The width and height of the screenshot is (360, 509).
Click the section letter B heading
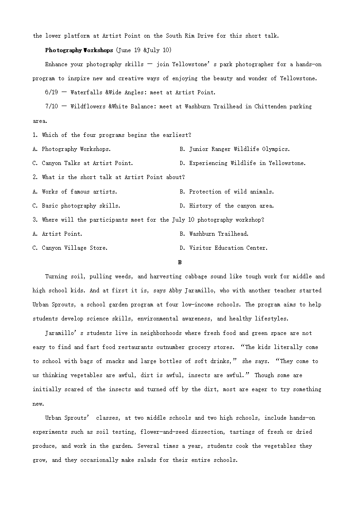(180, 262)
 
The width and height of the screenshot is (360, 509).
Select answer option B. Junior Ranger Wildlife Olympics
(234, 149)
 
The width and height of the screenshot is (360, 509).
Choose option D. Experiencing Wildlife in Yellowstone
(243, 163)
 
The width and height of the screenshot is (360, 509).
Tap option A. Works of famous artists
(75, 192)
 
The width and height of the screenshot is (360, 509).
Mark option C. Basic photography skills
(77, 206)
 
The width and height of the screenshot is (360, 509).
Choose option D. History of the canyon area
(227, 206)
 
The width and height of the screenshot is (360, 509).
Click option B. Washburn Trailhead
(214, 234)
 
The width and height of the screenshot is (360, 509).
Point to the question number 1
(34, 135)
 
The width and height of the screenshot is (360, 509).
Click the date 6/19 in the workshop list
(51, 92)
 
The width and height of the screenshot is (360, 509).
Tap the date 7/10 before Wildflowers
(51, 107)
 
